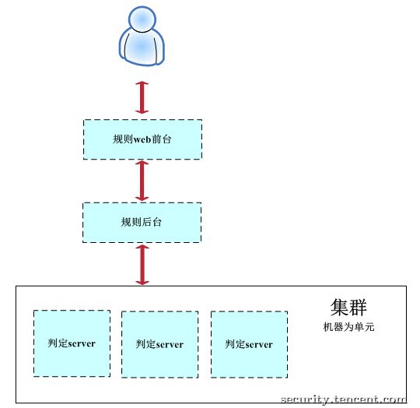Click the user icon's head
pyautogui.click(x=142, y=19)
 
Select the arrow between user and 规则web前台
pyautogui.click(x=142, y=97)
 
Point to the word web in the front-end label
pyautogui.click(x=142, y=139)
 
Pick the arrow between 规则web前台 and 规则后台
pyautogui.click(x=142, y=181)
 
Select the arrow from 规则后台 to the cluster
pyautogui.click(x=142, y=265)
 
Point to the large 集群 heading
pyautogui.click(x=348, y=308)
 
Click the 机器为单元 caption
pyautogui.click(x=348, y=327)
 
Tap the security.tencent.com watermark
pyautogui.click(x=344, y=399)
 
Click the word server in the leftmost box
pyautogui.click(x=81, y=343)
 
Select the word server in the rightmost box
pyautogui.click(x=258, y=345)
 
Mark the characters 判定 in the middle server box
pyautogui.click(x=145, y=344)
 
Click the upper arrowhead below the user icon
pyautogui.click(x=142, y=83)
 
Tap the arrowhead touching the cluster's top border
pyautogui.click(x=142, y=283)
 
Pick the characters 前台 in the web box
pyautogui.click(x=162, y=139)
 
